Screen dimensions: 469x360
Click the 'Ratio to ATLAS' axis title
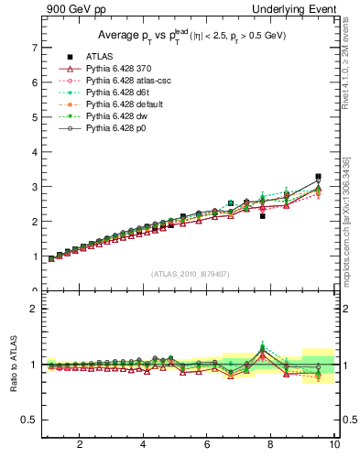point(13,364)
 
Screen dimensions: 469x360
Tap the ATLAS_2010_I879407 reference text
point(189,274)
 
